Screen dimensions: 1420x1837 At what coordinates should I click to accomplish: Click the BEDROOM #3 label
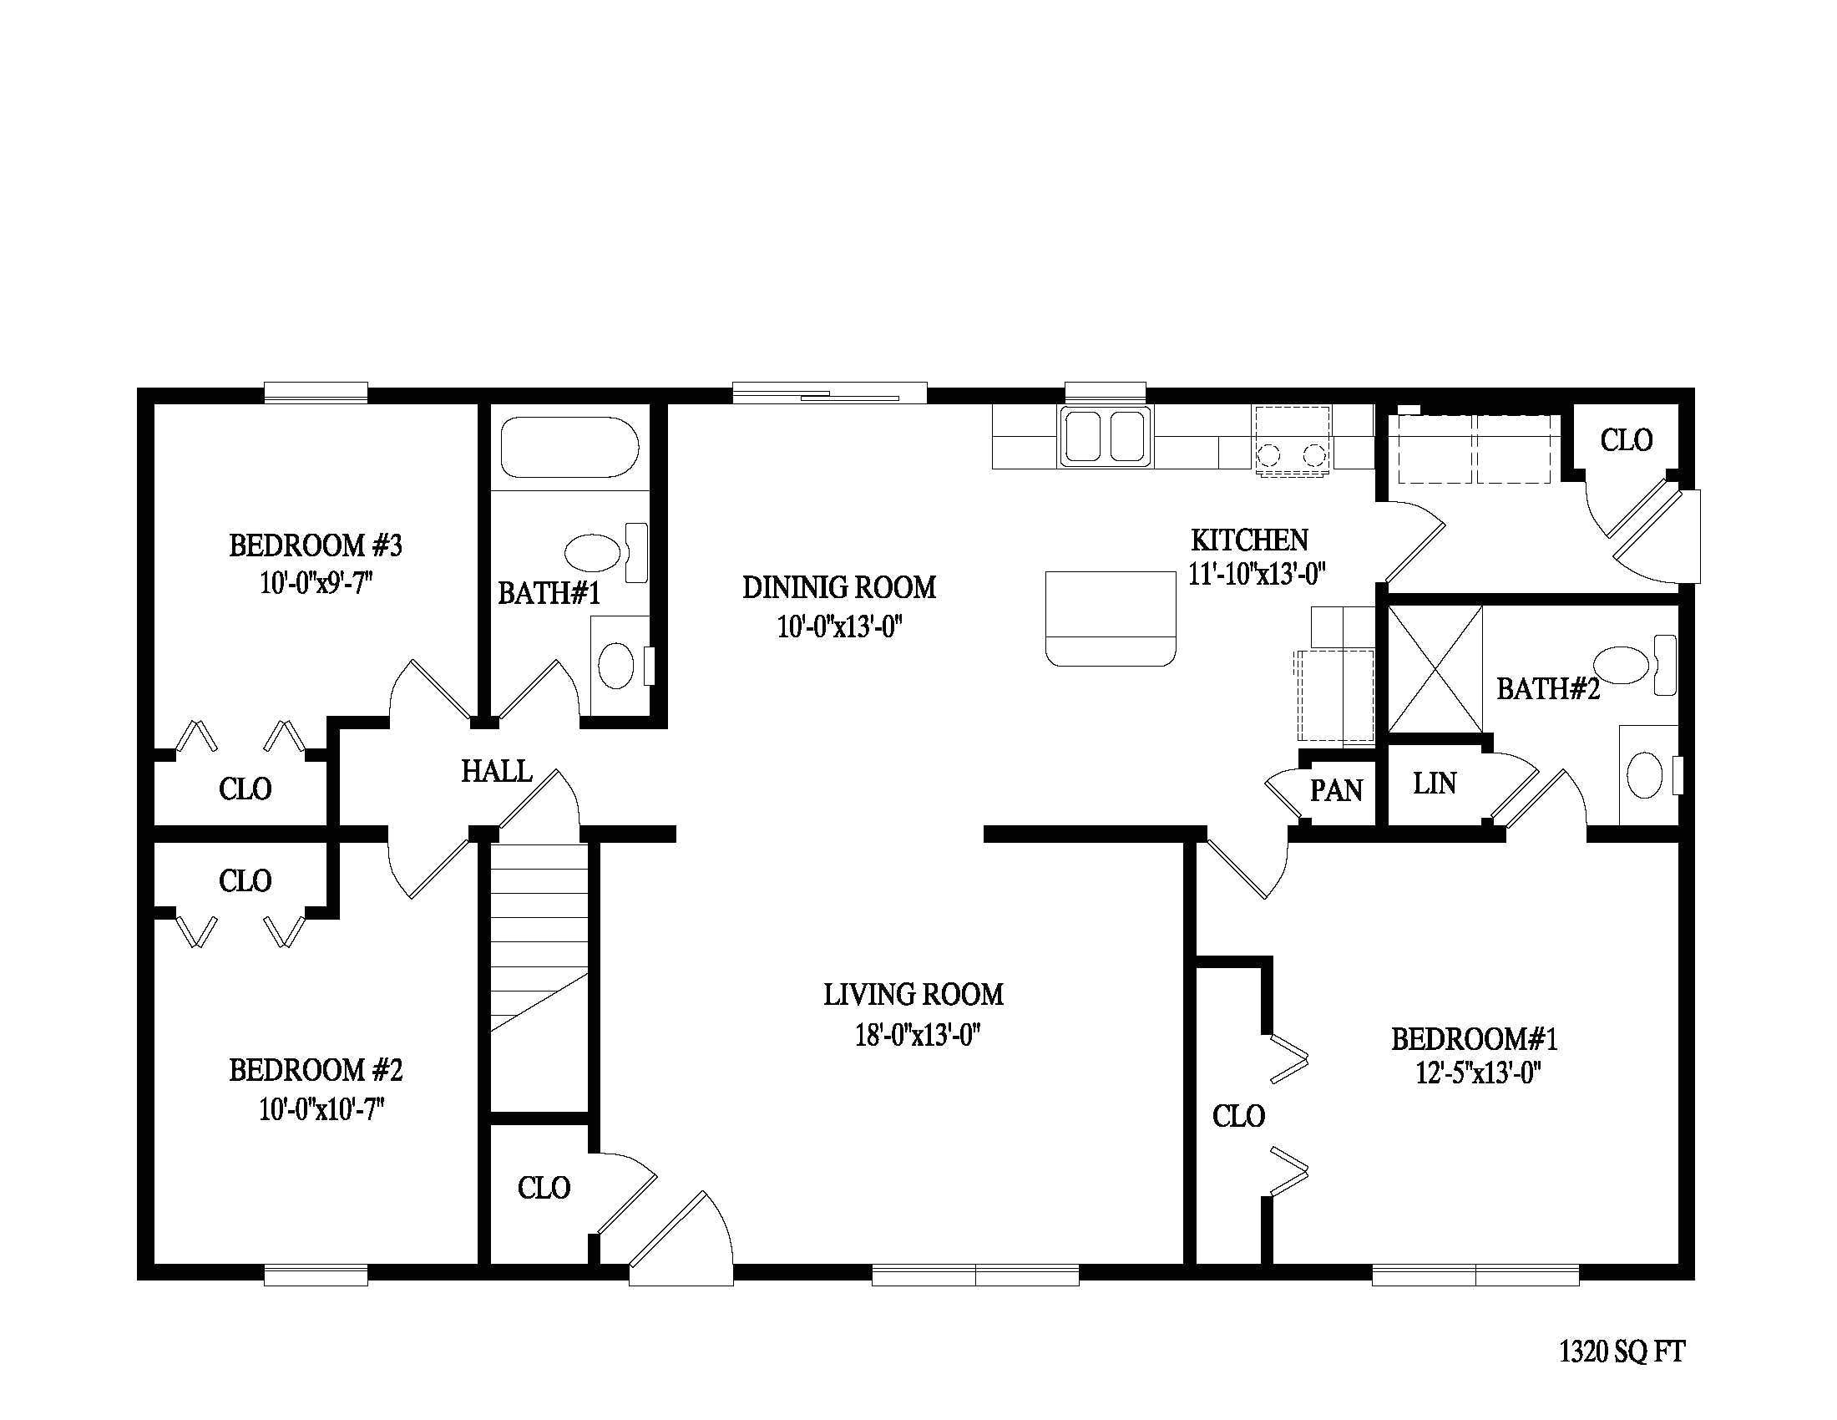[x=316, y=546]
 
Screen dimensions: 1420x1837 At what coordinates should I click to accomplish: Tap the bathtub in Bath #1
[x=569, y=448]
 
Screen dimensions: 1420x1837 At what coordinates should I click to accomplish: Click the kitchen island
[x=1111, y=618]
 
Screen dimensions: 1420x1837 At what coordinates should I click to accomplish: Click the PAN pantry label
[x=1337, y=791]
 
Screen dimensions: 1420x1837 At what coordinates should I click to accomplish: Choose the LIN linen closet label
[x=1434, y=784]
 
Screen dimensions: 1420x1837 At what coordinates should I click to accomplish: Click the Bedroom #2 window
[x=316, y=1275]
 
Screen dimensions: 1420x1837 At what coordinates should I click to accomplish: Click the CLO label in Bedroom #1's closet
[x=1238, y=1116]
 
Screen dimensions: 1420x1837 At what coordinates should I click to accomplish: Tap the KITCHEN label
[x=1249, y=540]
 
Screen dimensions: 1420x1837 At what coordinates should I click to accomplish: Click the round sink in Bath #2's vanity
[x=1645, y=776]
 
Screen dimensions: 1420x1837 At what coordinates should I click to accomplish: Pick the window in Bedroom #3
[x=316, y=392]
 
